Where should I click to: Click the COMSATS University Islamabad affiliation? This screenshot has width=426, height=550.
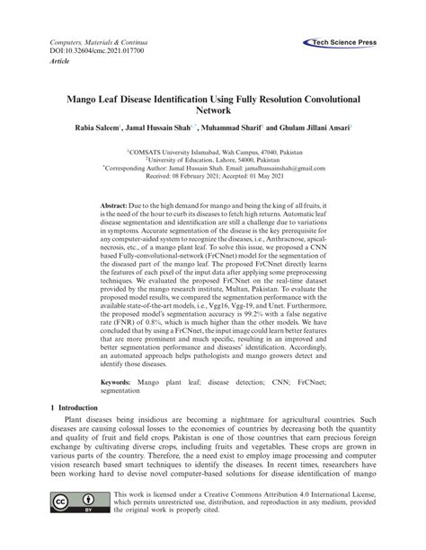[x=212, y=153]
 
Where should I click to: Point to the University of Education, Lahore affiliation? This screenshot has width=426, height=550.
[x=213, y=161]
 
